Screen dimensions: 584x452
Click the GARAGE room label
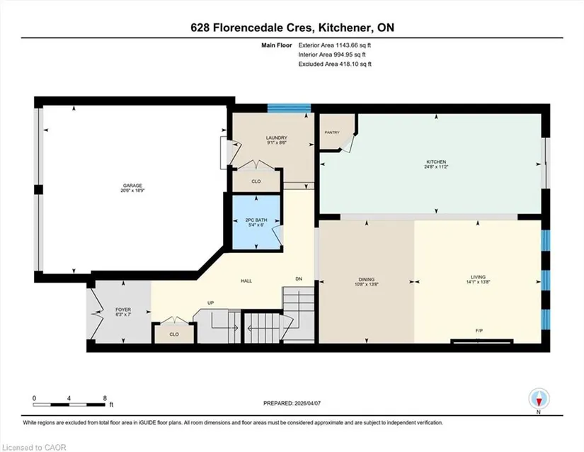pyautogui.click(x=132, y=186)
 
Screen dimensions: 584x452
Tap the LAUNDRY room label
pyautogui.click(x=277, y=137)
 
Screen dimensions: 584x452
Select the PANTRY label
pyautogui.click(x=332, y=132)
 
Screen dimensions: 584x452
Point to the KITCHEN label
pyautogui.click(x=436, y=162)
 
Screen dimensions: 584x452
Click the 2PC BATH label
pyautogui.click(x=256, y=220)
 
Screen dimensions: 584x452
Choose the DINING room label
pyautogui.click(x=367, y=279)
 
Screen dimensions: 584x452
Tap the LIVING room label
pyautogui.click(x=479, y=277)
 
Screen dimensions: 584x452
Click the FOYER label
pyautogui.click(x=123, y=310)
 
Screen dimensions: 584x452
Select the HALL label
pyautogui.click(x=246, y=281)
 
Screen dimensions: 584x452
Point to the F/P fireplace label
pyautogui.click(x=479, y=331)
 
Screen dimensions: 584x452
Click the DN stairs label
pyautogui.click(x=299, y=278)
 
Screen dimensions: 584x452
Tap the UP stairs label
pyautogui.click(x=210, y=303)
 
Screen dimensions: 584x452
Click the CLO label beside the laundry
pyautogui.click(x=256, y=181)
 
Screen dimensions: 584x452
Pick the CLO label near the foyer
pyautogui.click(x=174, y=334)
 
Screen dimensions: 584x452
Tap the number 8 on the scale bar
pyautogui.click(x=105, y=398)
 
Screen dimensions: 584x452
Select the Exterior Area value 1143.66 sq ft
pyautogui.click(x=353, y=45)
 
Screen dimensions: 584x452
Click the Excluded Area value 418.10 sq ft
pyautogui.click(x=355, y=64)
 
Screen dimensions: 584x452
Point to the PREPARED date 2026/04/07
pyautogui.click(x=307, y=403)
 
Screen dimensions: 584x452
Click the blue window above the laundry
pyautogui.click(x=289, y=108)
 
